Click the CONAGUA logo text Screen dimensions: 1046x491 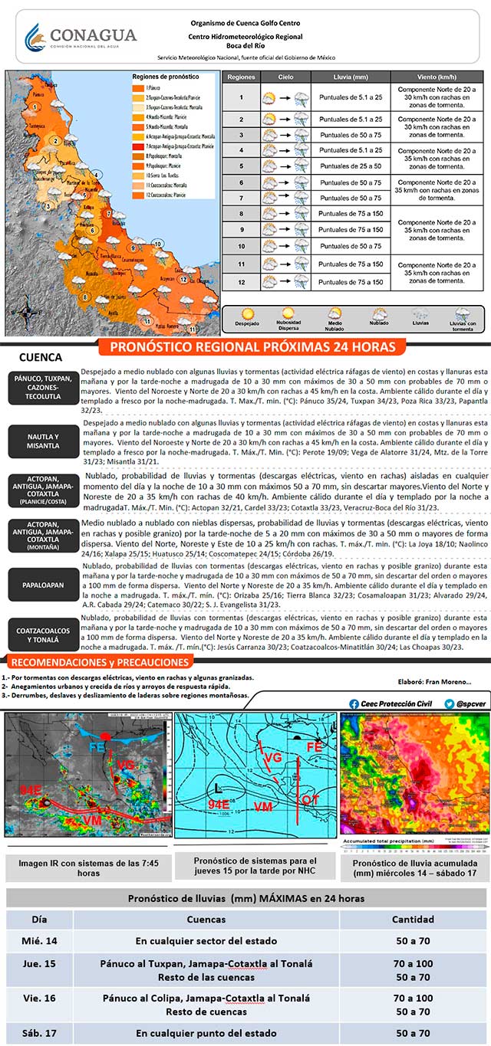[x=92, y=35]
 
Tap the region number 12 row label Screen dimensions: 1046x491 [x=241, y=281]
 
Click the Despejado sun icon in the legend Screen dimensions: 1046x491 [x=247, y=314]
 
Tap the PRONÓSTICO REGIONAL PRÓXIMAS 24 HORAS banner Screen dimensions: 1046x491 [x=252, y=347]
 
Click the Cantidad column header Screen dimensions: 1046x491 [x=413, y=920]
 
